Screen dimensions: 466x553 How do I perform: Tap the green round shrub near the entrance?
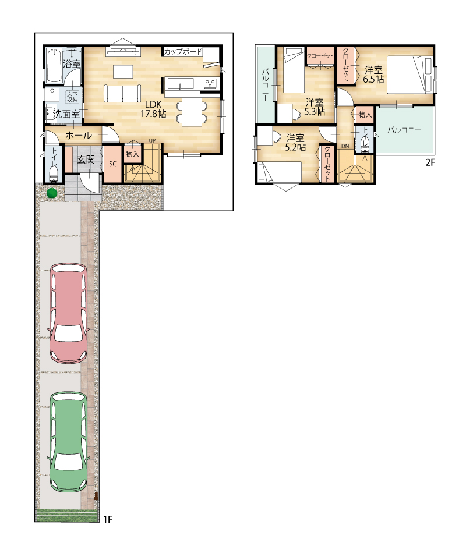52,193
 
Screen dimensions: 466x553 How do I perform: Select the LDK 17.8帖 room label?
153,109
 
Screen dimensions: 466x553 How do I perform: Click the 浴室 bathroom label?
72,64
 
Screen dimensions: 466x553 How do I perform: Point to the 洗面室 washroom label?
66,114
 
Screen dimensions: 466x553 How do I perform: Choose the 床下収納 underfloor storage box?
73,97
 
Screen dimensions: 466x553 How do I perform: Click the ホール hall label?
79,135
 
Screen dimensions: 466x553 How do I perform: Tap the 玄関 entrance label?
86,159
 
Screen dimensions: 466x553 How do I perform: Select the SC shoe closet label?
112,164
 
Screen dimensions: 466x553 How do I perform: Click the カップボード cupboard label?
183,51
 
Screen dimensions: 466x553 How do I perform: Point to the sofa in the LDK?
122,94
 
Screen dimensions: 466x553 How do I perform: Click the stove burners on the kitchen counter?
211,84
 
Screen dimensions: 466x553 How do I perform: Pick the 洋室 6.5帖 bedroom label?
373,75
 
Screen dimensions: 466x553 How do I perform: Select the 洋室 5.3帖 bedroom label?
315,107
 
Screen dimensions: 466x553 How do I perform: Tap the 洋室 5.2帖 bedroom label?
295,143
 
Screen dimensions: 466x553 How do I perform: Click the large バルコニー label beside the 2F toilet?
404,130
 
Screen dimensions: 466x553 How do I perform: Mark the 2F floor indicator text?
430,162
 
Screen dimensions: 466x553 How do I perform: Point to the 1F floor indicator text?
108,519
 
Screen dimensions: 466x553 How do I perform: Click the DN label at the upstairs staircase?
345,146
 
